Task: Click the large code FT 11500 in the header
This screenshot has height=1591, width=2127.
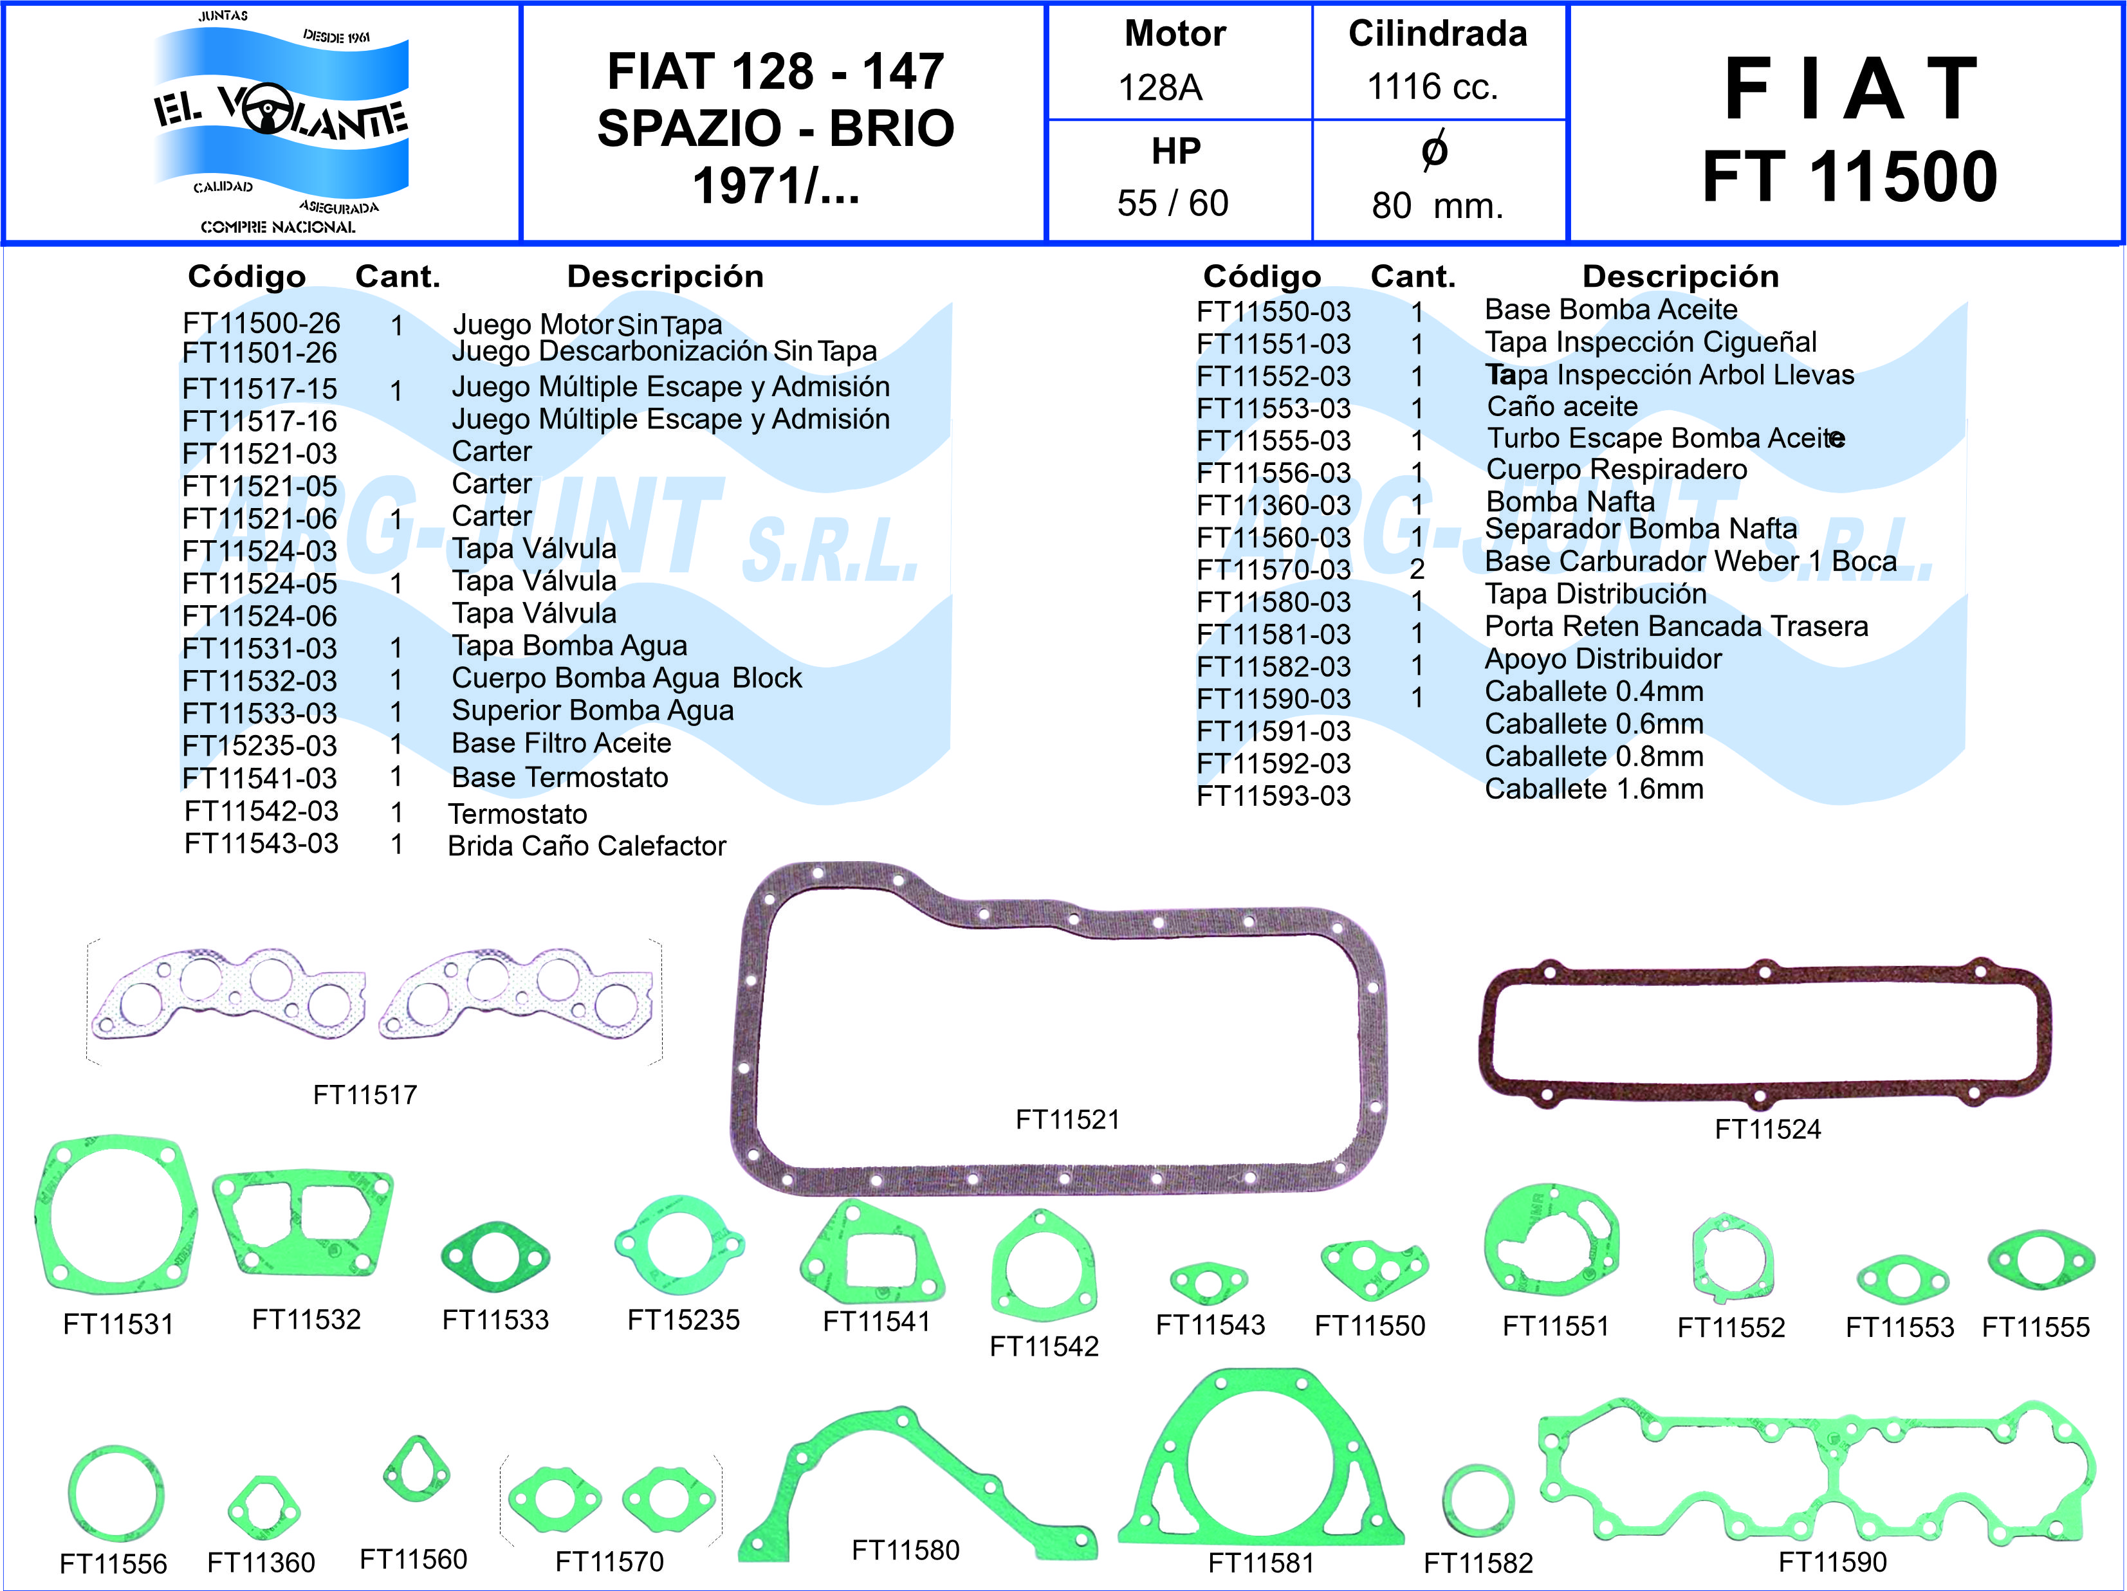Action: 1849,178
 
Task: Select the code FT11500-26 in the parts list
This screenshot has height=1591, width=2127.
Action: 262,323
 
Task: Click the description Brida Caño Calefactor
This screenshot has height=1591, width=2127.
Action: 587,846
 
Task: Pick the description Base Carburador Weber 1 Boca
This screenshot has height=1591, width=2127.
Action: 1690,561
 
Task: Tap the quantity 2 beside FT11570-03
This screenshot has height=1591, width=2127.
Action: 1417,569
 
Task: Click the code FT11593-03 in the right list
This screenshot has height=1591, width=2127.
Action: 1273,796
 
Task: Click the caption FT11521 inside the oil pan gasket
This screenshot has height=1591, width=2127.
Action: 1067,1119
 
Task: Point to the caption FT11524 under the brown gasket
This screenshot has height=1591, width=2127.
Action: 1767,1129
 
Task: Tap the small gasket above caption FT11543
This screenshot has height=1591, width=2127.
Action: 1209,1282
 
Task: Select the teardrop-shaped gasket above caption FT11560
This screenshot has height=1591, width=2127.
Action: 416,1470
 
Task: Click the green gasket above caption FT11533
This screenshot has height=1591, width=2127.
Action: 495,1257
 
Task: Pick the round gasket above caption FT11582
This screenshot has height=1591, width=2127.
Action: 1478,1500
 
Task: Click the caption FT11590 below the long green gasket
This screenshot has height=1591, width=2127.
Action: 1832,1562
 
